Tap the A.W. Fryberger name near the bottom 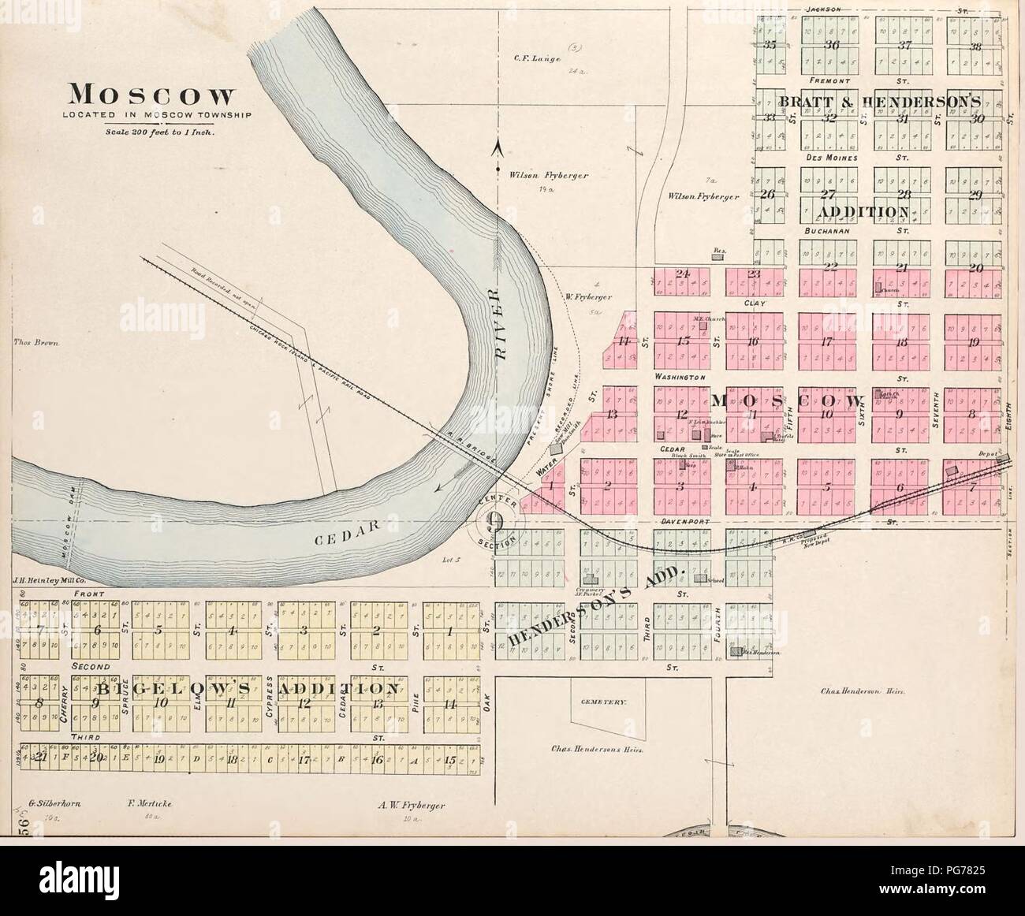[412, 806]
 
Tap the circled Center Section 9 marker [496, 521]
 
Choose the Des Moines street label [826, 158]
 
